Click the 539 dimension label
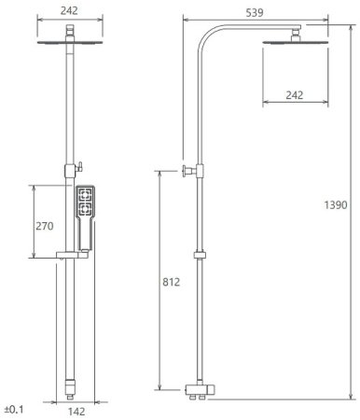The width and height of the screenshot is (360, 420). (255, 13)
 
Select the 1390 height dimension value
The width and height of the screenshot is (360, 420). (336, 205)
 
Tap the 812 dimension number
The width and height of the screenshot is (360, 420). (172, 282)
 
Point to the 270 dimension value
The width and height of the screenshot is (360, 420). (45, 226)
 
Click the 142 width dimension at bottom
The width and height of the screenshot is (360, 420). (76, 412)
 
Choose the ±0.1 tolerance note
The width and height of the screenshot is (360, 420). (14, 409)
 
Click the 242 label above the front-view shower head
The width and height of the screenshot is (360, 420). (69, 10)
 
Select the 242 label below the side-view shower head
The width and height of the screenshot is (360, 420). (295, 95)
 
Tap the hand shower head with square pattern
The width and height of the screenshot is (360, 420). (85, 202)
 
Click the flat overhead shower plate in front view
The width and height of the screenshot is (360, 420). (70, 42)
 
